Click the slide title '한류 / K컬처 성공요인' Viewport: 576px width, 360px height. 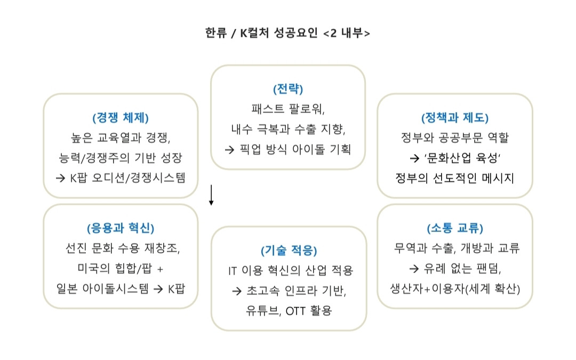pos(262,33)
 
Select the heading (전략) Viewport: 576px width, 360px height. pos(288,88)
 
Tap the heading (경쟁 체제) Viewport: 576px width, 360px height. pos(120,117)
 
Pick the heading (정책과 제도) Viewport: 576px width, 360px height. pos(455,117)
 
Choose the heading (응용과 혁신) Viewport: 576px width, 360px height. pos(120,228)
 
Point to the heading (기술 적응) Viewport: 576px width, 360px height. pos(289,250)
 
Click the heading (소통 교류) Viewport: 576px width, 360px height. pos(455,228)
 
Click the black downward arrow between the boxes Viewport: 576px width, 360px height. pos(211,196)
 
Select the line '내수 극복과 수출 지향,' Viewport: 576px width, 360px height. pos(288,129)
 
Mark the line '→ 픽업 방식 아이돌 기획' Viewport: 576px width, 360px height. pos(288,149)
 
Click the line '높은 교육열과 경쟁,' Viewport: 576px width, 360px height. pos(120,138)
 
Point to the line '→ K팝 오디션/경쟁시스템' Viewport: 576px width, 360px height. pos(120,178)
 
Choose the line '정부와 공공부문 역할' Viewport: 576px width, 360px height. pos(455,138)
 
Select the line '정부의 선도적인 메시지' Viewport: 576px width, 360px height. pos(455,178)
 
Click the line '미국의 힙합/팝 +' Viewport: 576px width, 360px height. pos(120,268)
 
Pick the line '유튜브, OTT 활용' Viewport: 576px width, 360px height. pos(289,310)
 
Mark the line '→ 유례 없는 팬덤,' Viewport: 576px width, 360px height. pos(455,268)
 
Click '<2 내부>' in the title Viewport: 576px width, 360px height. pos(347,33)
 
